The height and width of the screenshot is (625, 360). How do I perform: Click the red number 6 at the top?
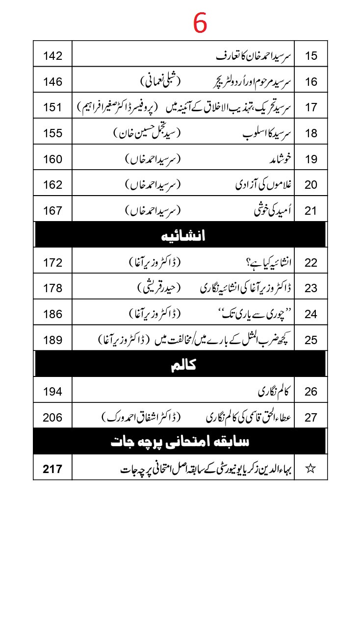[x=200, y=23]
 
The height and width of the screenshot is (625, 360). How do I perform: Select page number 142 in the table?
[x=52, y=55]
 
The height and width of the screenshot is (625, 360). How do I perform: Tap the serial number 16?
[x=311, y=81]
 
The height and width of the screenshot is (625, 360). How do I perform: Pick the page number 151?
[x=52, y=107]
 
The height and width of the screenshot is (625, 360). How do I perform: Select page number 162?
[x=52, y=185]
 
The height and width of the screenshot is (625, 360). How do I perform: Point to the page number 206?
[x=52, y=418]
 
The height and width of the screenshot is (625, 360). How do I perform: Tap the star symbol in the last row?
[x=310, y=469]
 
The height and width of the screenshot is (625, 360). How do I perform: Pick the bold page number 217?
[x=52, y=469]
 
